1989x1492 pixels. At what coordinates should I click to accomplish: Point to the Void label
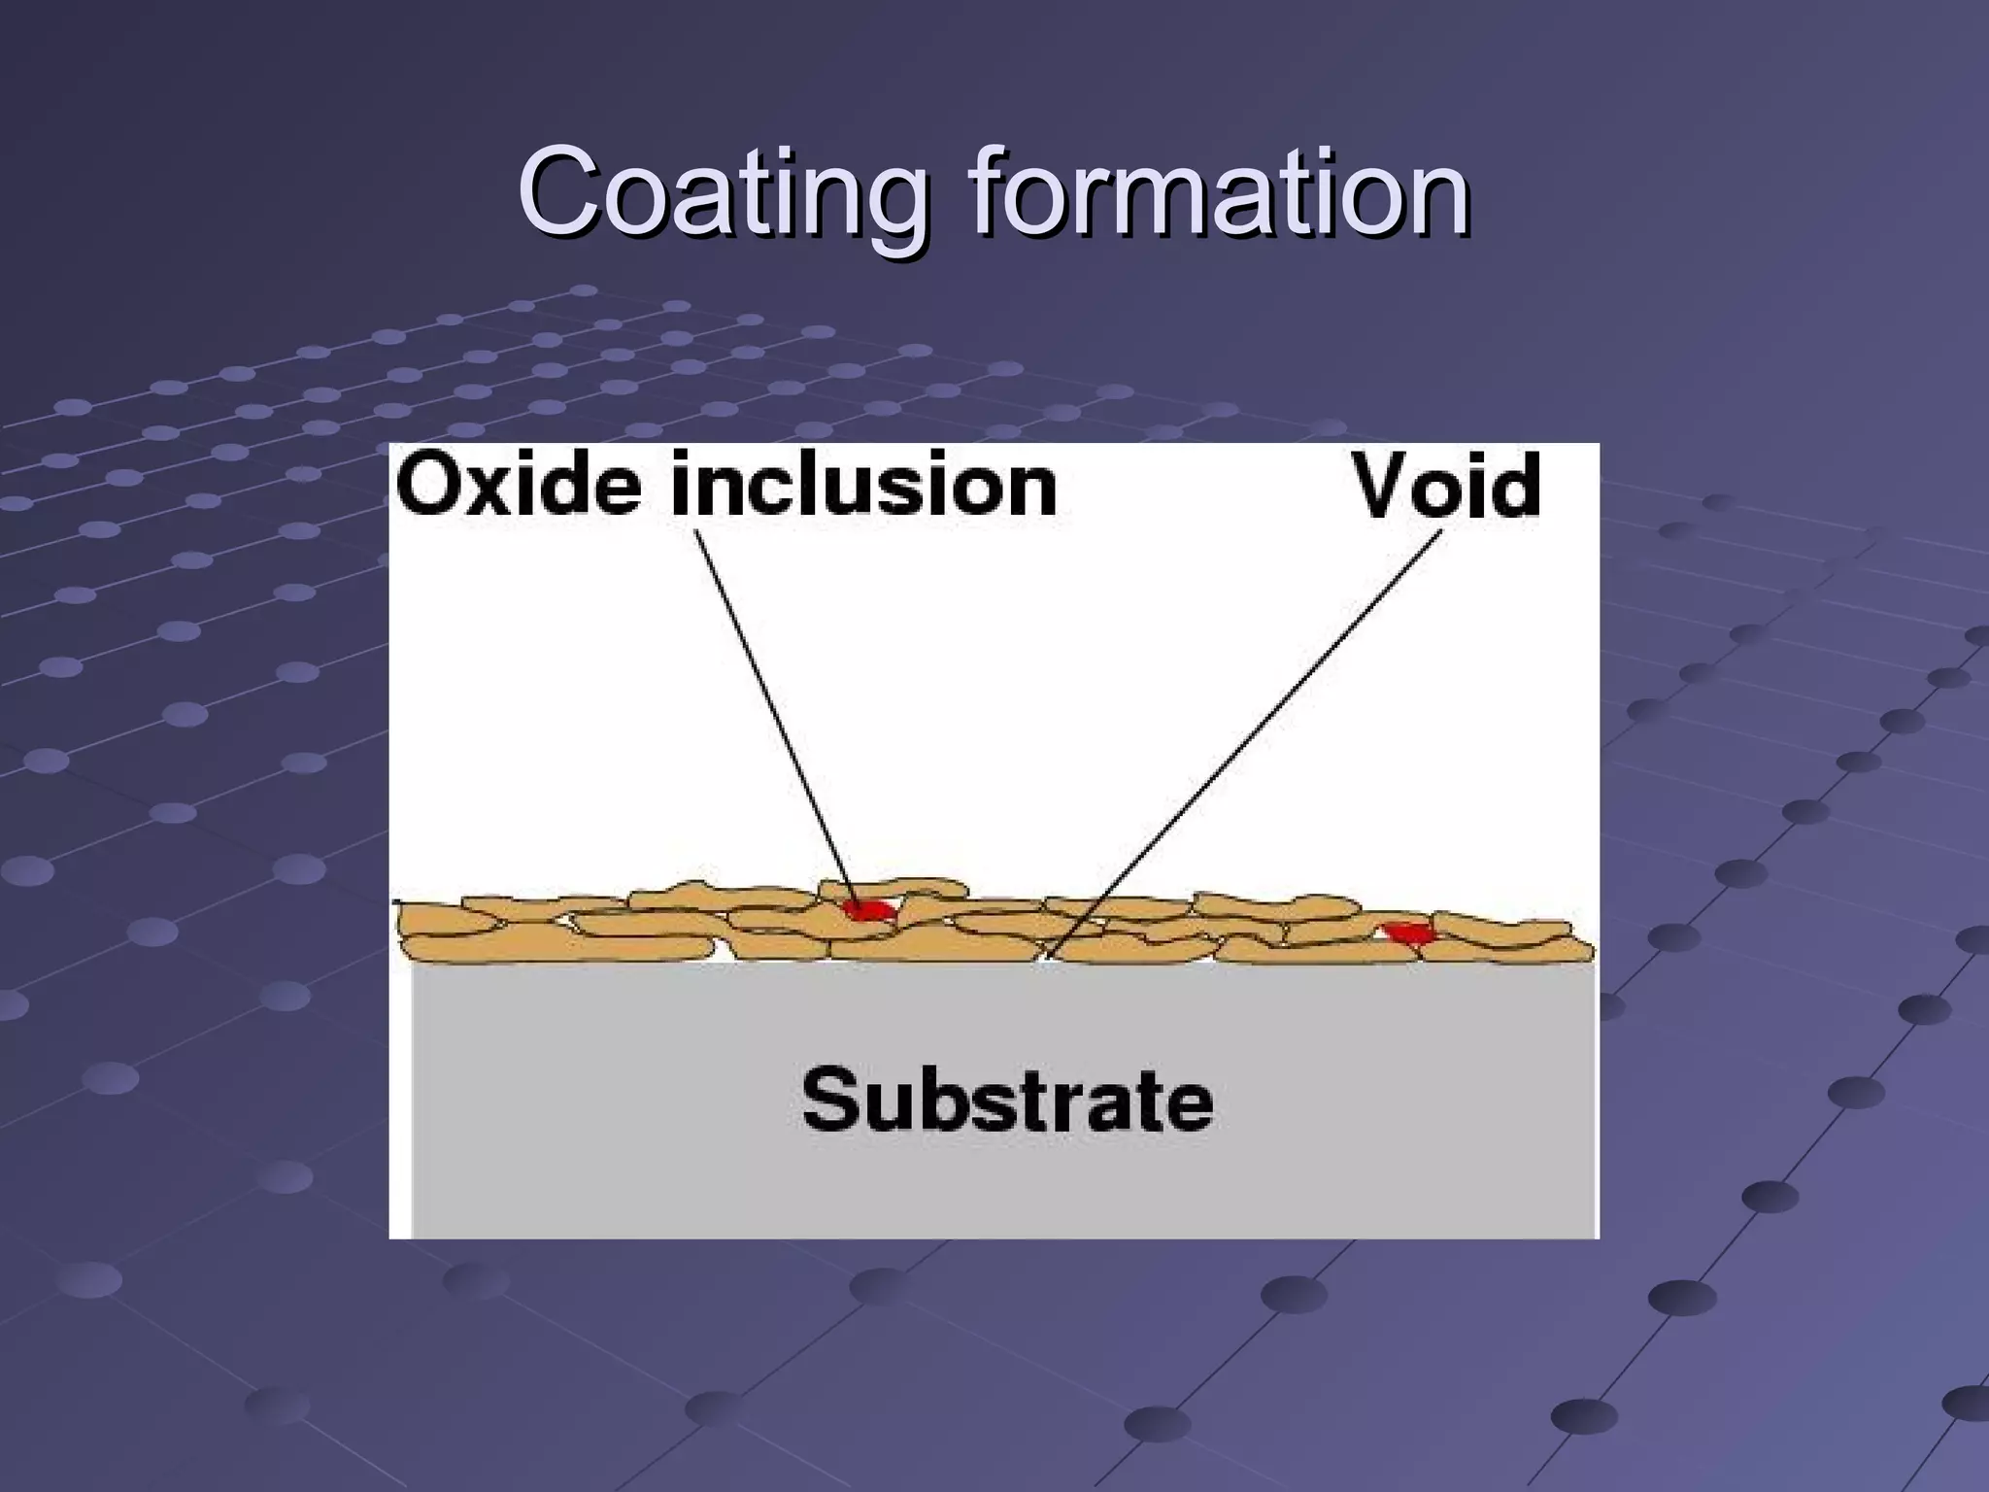(x=1447, y=486)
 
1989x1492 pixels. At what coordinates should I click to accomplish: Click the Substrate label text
(x=1007, y=1101)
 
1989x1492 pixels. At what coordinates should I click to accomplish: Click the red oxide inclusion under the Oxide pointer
(x=867, y=910)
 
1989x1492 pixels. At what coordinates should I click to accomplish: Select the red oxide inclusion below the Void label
(x=1407, y=933)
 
